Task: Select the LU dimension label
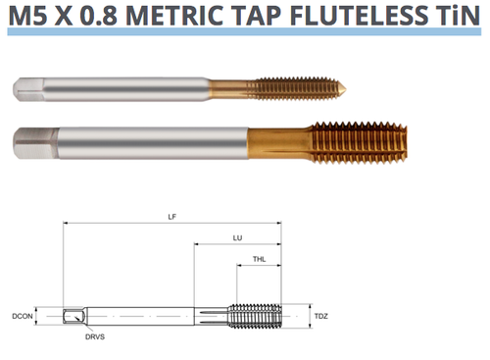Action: tap(238, 238)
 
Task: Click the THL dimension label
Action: tap(259, 260)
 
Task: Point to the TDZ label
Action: tap(321, 316)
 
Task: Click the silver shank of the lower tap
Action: tap(147, 143)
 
